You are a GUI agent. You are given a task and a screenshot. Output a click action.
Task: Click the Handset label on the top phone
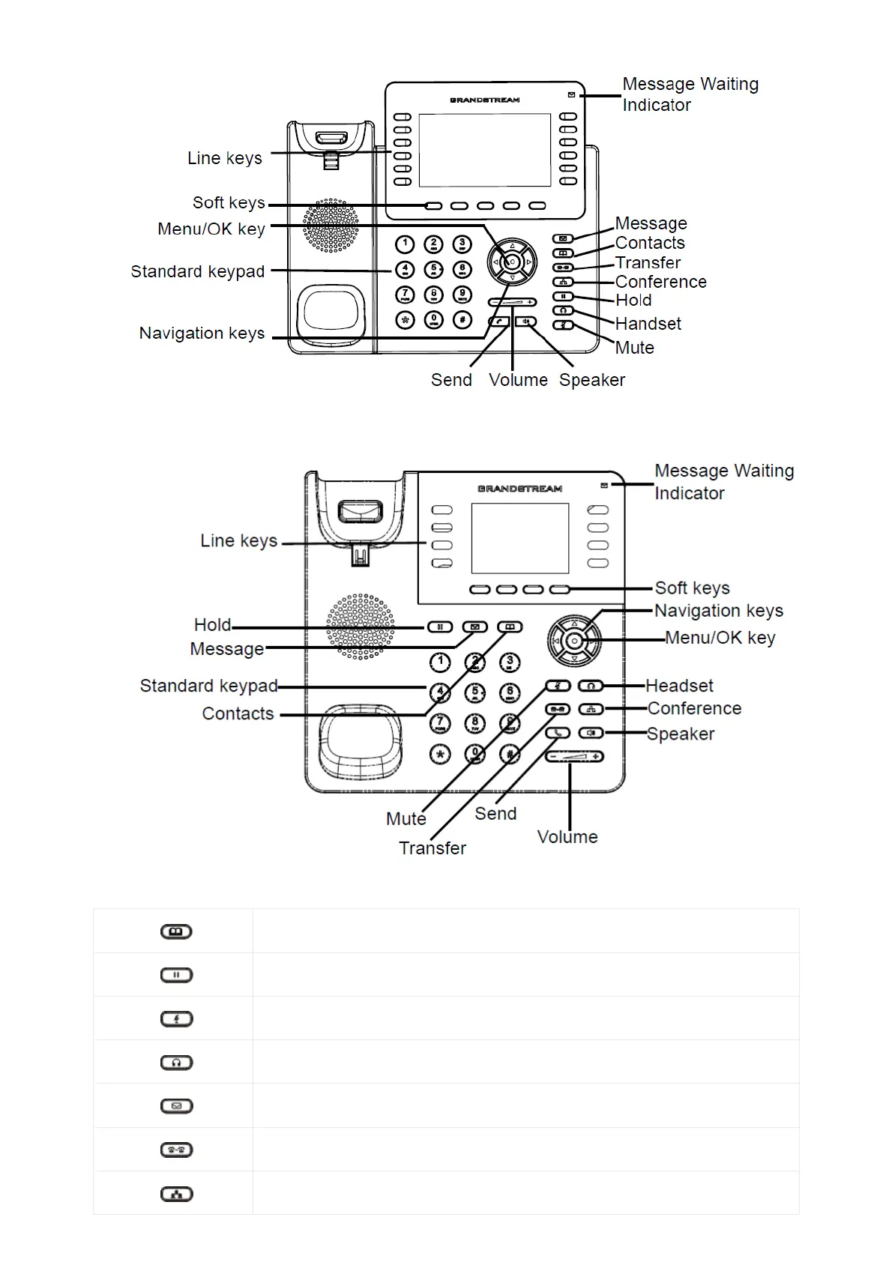point(648,324)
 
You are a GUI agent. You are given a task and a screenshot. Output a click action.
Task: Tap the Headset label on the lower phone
point(679,686)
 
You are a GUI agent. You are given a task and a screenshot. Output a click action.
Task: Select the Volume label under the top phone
point(518,380)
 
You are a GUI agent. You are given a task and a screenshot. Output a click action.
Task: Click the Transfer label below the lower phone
point(432,848)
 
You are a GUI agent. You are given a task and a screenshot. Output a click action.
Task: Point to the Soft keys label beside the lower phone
point(692,588)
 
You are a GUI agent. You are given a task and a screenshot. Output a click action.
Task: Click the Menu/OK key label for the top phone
point(211,229)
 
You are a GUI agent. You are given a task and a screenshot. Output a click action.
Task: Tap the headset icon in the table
point(177,1063)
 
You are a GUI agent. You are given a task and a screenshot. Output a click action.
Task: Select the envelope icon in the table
point(177,1106)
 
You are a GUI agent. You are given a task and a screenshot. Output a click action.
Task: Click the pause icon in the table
point(177,976)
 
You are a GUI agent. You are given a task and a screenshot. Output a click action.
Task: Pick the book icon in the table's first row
point(177,932)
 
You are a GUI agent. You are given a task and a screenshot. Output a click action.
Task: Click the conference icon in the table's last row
point(177,1195)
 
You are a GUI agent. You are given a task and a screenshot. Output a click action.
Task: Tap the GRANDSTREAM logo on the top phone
point(484,100)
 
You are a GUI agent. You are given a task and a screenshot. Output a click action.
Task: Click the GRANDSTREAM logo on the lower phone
point(519,489)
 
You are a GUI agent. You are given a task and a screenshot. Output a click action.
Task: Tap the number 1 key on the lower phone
point(440,662)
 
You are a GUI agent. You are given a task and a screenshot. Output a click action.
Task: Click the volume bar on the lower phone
point(574,757)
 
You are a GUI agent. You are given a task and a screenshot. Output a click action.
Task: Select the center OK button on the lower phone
point(574,641)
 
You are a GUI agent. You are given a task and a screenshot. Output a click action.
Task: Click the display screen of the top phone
point(484,150)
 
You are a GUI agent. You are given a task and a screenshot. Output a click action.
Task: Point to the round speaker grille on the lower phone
point(361,627)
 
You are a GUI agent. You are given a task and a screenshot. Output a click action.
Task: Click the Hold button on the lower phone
point(440,627)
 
